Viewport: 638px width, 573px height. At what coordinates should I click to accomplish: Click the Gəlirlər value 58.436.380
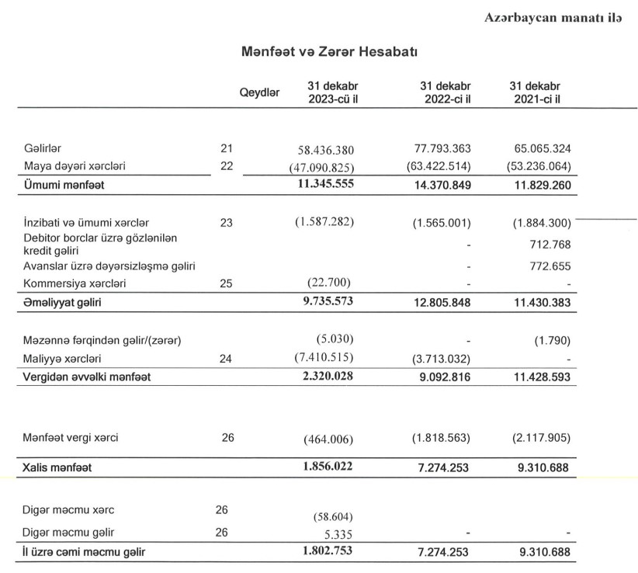coord(326,148)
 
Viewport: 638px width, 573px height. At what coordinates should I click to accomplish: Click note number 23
coord(227,222)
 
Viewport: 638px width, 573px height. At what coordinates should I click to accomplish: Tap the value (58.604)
coord(330,516)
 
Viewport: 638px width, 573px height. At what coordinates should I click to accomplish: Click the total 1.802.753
coord(325,552)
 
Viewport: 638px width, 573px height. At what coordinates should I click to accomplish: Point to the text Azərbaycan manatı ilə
coord(553,17)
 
